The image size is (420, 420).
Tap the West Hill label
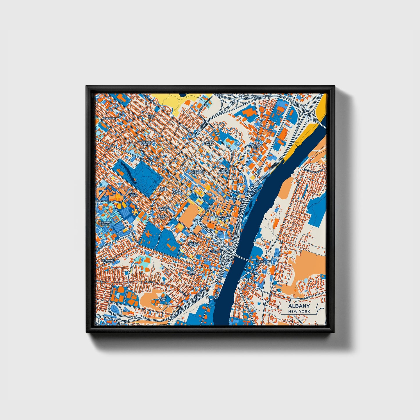[151, 117]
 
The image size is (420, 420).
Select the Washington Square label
[146, 143]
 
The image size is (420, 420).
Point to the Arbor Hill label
[209, 143]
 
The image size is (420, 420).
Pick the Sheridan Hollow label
[198, 172]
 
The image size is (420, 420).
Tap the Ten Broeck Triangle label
[224, 171]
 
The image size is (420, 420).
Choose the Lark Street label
[164, 189]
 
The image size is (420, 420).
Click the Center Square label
[177, 192]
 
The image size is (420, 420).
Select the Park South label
[134, 194]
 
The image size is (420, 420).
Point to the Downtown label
[223, 217]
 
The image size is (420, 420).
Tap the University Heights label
[105, 223]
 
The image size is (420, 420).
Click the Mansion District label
[194, 244]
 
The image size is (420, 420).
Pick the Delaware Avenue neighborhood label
[108, 261]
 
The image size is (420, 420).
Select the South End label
[192, 273]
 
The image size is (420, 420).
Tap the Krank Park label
[162, 299]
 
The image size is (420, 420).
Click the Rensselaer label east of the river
[263, 262]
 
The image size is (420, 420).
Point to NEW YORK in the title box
[299, 311]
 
